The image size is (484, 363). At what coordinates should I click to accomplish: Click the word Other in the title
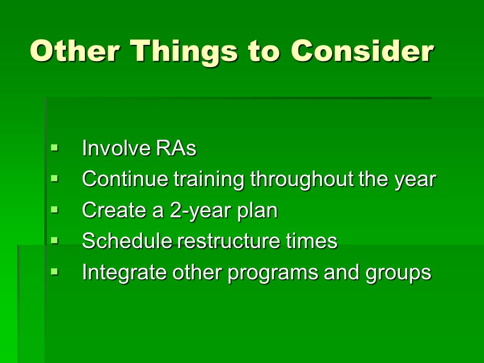[x=75, y=50]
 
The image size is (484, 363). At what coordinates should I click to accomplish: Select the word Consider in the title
[x=362, y=50]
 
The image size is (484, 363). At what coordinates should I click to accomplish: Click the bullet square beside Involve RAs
[x=54, y=148]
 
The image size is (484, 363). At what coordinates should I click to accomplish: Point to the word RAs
[x=176, y=148]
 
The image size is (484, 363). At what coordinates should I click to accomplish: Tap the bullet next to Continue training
[x=54, y=178]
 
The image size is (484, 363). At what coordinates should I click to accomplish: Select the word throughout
[x=302, y=179]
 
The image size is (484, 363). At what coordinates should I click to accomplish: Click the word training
[x=209, y=179]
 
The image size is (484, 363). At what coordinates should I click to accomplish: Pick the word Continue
[x=126, y=178]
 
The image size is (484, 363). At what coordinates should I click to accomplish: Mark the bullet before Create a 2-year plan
[x=54, y=210]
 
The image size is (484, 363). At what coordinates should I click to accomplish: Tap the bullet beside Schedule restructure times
[x=54, y=240]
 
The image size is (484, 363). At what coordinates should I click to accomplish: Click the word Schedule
[x=127, y=241]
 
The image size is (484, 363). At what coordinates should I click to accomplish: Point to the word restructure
[x=228, y=241]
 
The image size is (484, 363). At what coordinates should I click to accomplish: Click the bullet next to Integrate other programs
[x=54, y=272]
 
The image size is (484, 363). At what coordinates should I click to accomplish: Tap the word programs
[x=273, y=273]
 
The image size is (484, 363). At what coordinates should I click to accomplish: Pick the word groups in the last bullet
[x=398, y=273]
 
